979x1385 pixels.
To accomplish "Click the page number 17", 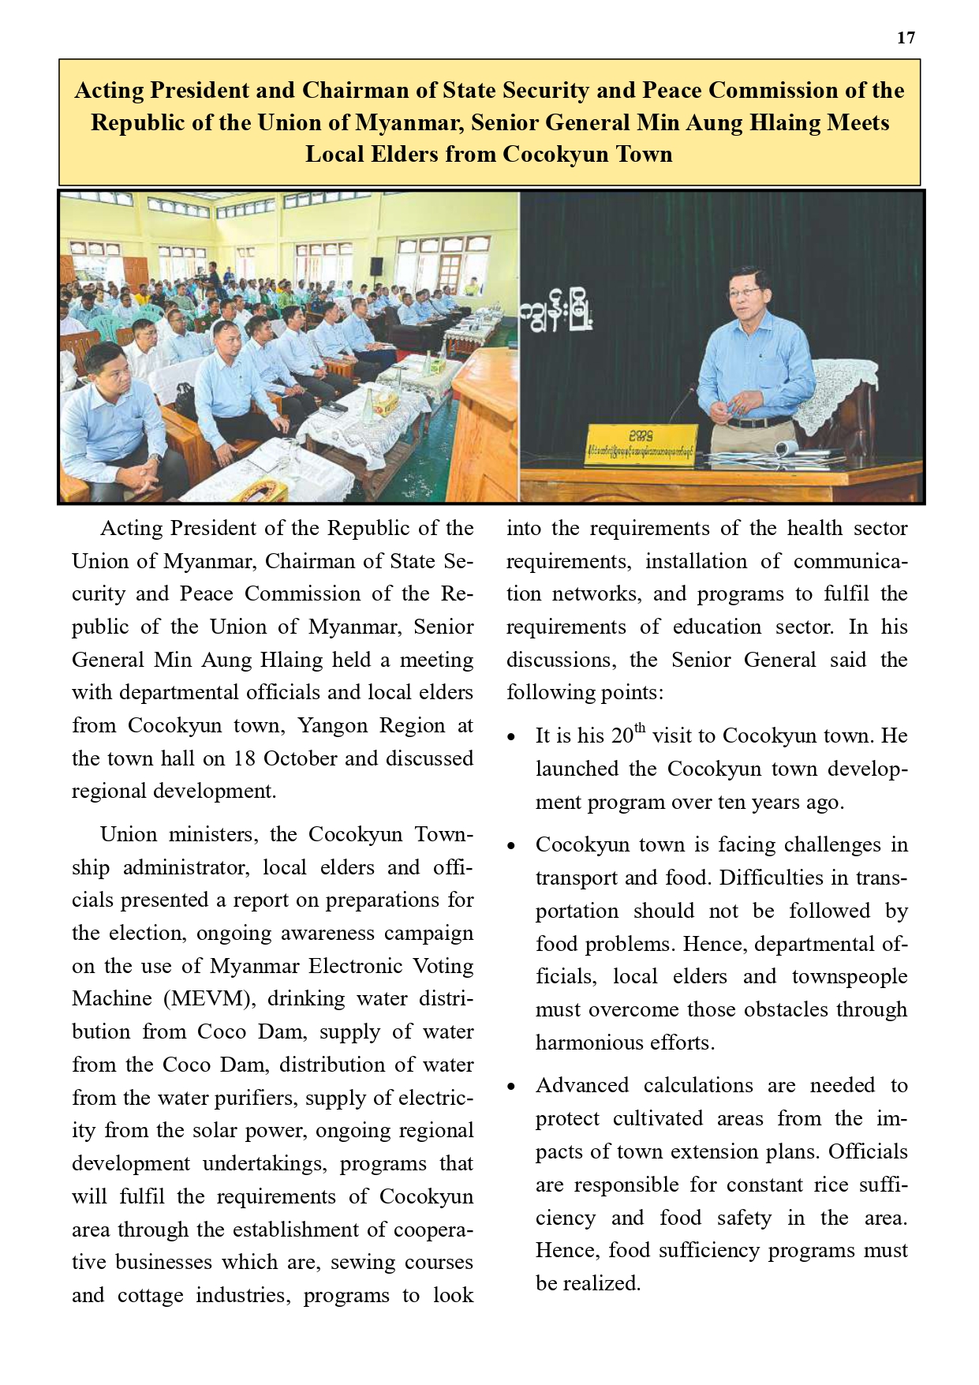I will coord(906,38).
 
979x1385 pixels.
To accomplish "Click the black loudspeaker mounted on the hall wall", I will coord(376,266).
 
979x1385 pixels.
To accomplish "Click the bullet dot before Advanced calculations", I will coord(512,1087).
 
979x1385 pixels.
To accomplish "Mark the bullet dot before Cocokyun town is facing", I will coord(512,847).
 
